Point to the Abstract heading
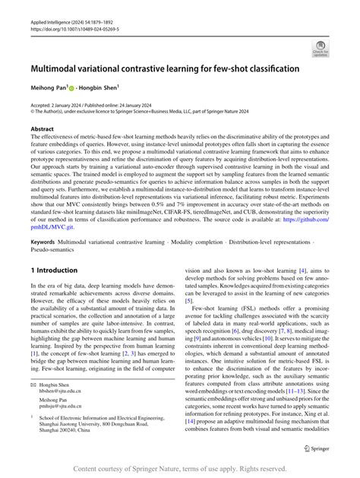tap(42, 128)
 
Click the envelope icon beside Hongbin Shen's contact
tap(32, 386)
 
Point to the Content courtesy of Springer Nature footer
tap(180, 469)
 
